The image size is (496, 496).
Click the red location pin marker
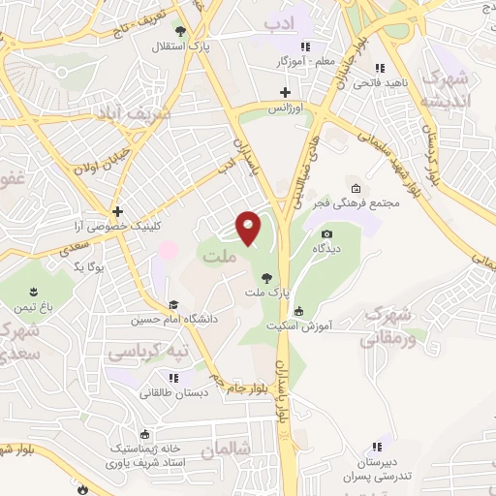point(250,228)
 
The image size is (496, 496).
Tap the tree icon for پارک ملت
point(266,277)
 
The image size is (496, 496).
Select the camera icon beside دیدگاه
point(326,234)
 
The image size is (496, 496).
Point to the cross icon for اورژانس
point(285,93)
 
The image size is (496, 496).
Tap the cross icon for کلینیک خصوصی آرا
point(117,210)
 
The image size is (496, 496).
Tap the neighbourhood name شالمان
point(226,450)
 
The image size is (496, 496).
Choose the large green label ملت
point(218,257)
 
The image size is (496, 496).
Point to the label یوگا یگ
point(87,264)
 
